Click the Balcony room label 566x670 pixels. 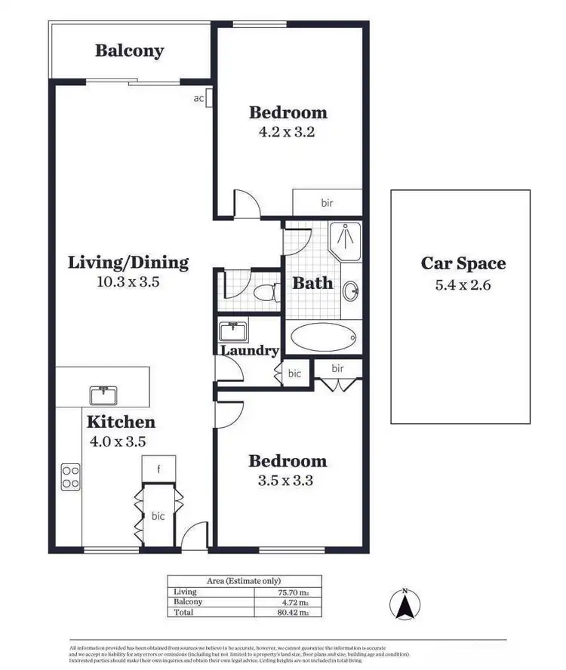point(129,51)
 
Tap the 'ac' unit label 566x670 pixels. point(199,98)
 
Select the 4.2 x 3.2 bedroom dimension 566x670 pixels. point(288,132)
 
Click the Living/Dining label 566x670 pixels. point(128,263)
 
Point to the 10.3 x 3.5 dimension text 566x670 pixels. point(128,282)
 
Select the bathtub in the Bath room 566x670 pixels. point(323,337)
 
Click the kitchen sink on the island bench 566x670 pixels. point(102,395)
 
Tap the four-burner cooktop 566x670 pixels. point(71,475)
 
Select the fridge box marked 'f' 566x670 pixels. point(158,469)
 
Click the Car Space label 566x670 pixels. point(463,263)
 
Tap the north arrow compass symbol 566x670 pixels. point(405,604)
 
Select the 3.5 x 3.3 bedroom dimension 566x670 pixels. point(288,480)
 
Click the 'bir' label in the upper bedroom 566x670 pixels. point(327,203)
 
